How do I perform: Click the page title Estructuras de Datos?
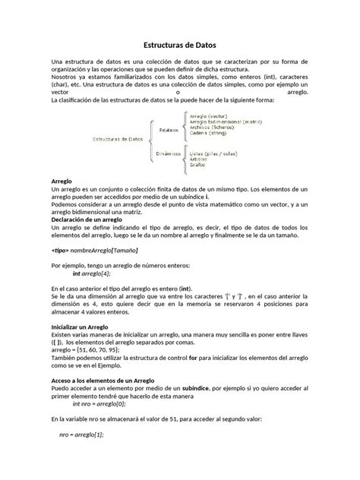click(180, 45)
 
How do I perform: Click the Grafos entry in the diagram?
click(197, 165)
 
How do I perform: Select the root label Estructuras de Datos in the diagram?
click(118, 140)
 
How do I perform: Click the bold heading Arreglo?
click(61, 182)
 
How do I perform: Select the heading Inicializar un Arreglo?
click(80, 326)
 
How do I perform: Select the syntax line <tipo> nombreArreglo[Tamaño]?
click(95, 249)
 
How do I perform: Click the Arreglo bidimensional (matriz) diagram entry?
click(226, 120)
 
